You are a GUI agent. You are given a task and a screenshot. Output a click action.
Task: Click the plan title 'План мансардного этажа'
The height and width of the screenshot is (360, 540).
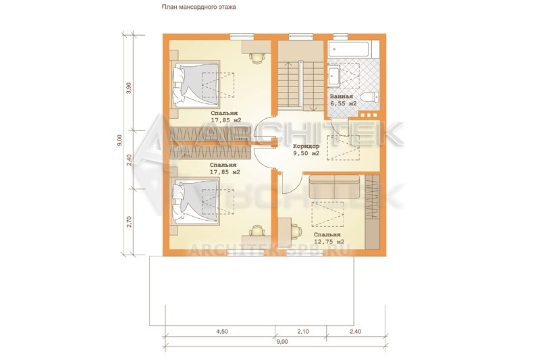click(x=198, y=7)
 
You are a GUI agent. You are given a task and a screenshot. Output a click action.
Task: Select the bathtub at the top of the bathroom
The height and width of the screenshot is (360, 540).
click(x=349, y=49)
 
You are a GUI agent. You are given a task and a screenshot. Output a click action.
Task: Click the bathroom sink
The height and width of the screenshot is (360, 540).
click(x=334, y=75)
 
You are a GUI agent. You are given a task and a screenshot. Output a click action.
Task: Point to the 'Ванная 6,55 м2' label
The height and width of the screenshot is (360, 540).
click(x=343, y=100)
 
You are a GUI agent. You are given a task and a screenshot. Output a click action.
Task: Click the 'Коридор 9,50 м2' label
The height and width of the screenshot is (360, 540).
click(x=306, y=150)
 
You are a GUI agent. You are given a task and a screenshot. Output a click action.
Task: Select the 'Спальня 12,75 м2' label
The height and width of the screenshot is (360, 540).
click(x=329, y=238)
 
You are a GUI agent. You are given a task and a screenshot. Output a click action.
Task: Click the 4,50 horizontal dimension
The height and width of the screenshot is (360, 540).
click(x=222, y=332)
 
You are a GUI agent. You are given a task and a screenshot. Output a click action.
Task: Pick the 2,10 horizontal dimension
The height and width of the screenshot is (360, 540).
click(x=303, y=332)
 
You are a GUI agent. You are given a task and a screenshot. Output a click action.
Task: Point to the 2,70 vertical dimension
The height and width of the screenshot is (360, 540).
click(x=129, y=222)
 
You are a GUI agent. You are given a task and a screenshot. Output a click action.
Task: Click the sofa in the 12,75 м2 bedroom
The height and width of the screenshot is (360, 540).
click(x=334, y=186)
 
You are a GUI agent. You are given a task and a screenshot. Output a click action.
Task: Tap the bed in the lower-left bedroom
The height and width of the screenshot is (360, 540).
click(x=195, y=201)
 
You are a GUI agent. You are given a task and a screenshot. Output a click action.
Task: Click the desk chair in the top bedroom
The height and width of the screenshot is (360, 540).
click(x=256, y=58)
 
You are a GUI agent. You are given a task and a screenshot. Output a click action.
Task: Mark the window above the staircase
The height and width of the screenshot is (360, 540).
click(x=301, y=36)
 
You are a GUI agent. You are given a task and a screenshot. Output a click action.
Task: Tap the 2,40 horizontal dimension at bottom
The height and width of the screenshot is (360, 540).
click(x=356, y=332)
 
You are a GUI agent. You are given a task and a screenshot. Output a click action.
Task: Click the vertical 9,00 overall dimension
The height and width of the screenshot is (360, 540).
click(x=119, y=140)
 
